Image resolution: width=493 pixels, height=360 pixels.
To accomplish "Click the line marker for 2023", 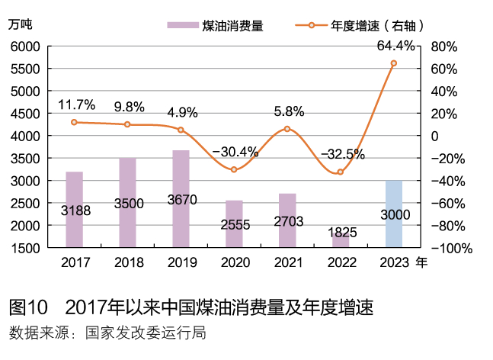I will coord(394,63).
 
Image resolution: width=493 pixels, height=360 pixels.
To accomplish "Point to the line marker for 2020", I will coord(234,169).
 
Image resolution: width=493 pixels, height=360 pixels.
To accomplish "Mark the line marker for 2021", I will coord(287,129).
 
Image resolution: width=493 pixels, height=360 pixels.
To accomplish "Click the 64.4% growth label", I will coord(396,47).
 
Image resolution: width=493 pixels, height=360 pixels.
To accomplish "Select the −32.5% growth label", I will coord(343,154).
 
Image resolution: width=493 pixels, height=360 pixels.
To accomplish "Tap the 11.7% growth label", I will coord(76,104).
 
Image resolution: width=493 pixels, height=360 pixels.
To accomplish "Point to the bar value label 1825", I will coord(341,230).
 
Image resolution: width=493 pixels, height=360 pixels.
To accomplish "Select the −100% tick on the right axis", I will coord(452,249).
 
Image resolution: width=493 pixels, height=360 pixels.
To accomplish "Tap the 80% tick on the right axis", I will coord(443,47).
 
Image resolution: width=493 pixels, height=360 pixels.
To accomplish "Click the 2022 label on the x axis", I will coord(341,263).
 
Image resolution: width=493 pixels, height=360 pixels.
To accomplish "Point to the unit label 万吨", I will coord(21,24).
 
